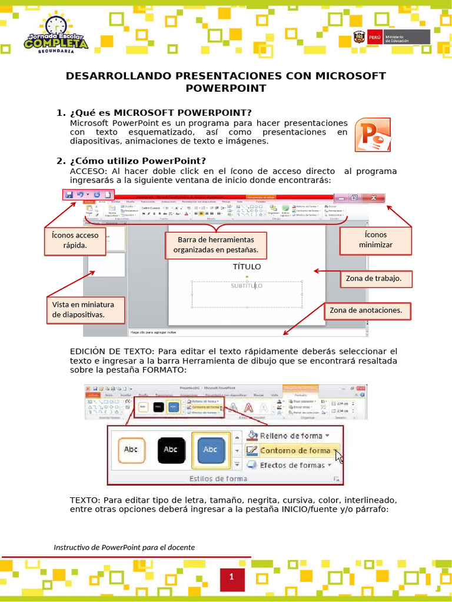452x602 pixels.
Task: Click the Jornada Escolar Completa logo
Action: coord(56,35)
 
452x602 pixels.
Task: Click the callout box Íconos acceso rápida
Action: coord(75,240)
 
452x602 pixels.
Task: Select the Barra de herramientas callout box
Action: coord(215,245)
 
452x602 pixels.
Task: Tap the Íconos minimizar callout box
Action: coord(375,240)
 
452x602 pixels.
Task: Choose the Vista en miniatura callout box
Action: coord(87,310)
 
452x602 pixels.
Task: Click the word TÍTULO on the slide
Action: coord(247,267)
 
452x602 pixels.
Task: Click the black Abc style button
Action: coord(170,449)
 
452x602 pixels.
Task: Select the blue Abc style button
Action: coord(210,449)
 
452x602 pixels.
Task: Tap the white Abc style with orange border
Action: coord(130,449)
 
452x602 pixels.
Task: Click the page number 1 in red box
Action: coord(232,577)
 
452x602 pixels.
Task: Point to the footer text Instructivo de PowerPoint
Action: coord(124,547)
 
